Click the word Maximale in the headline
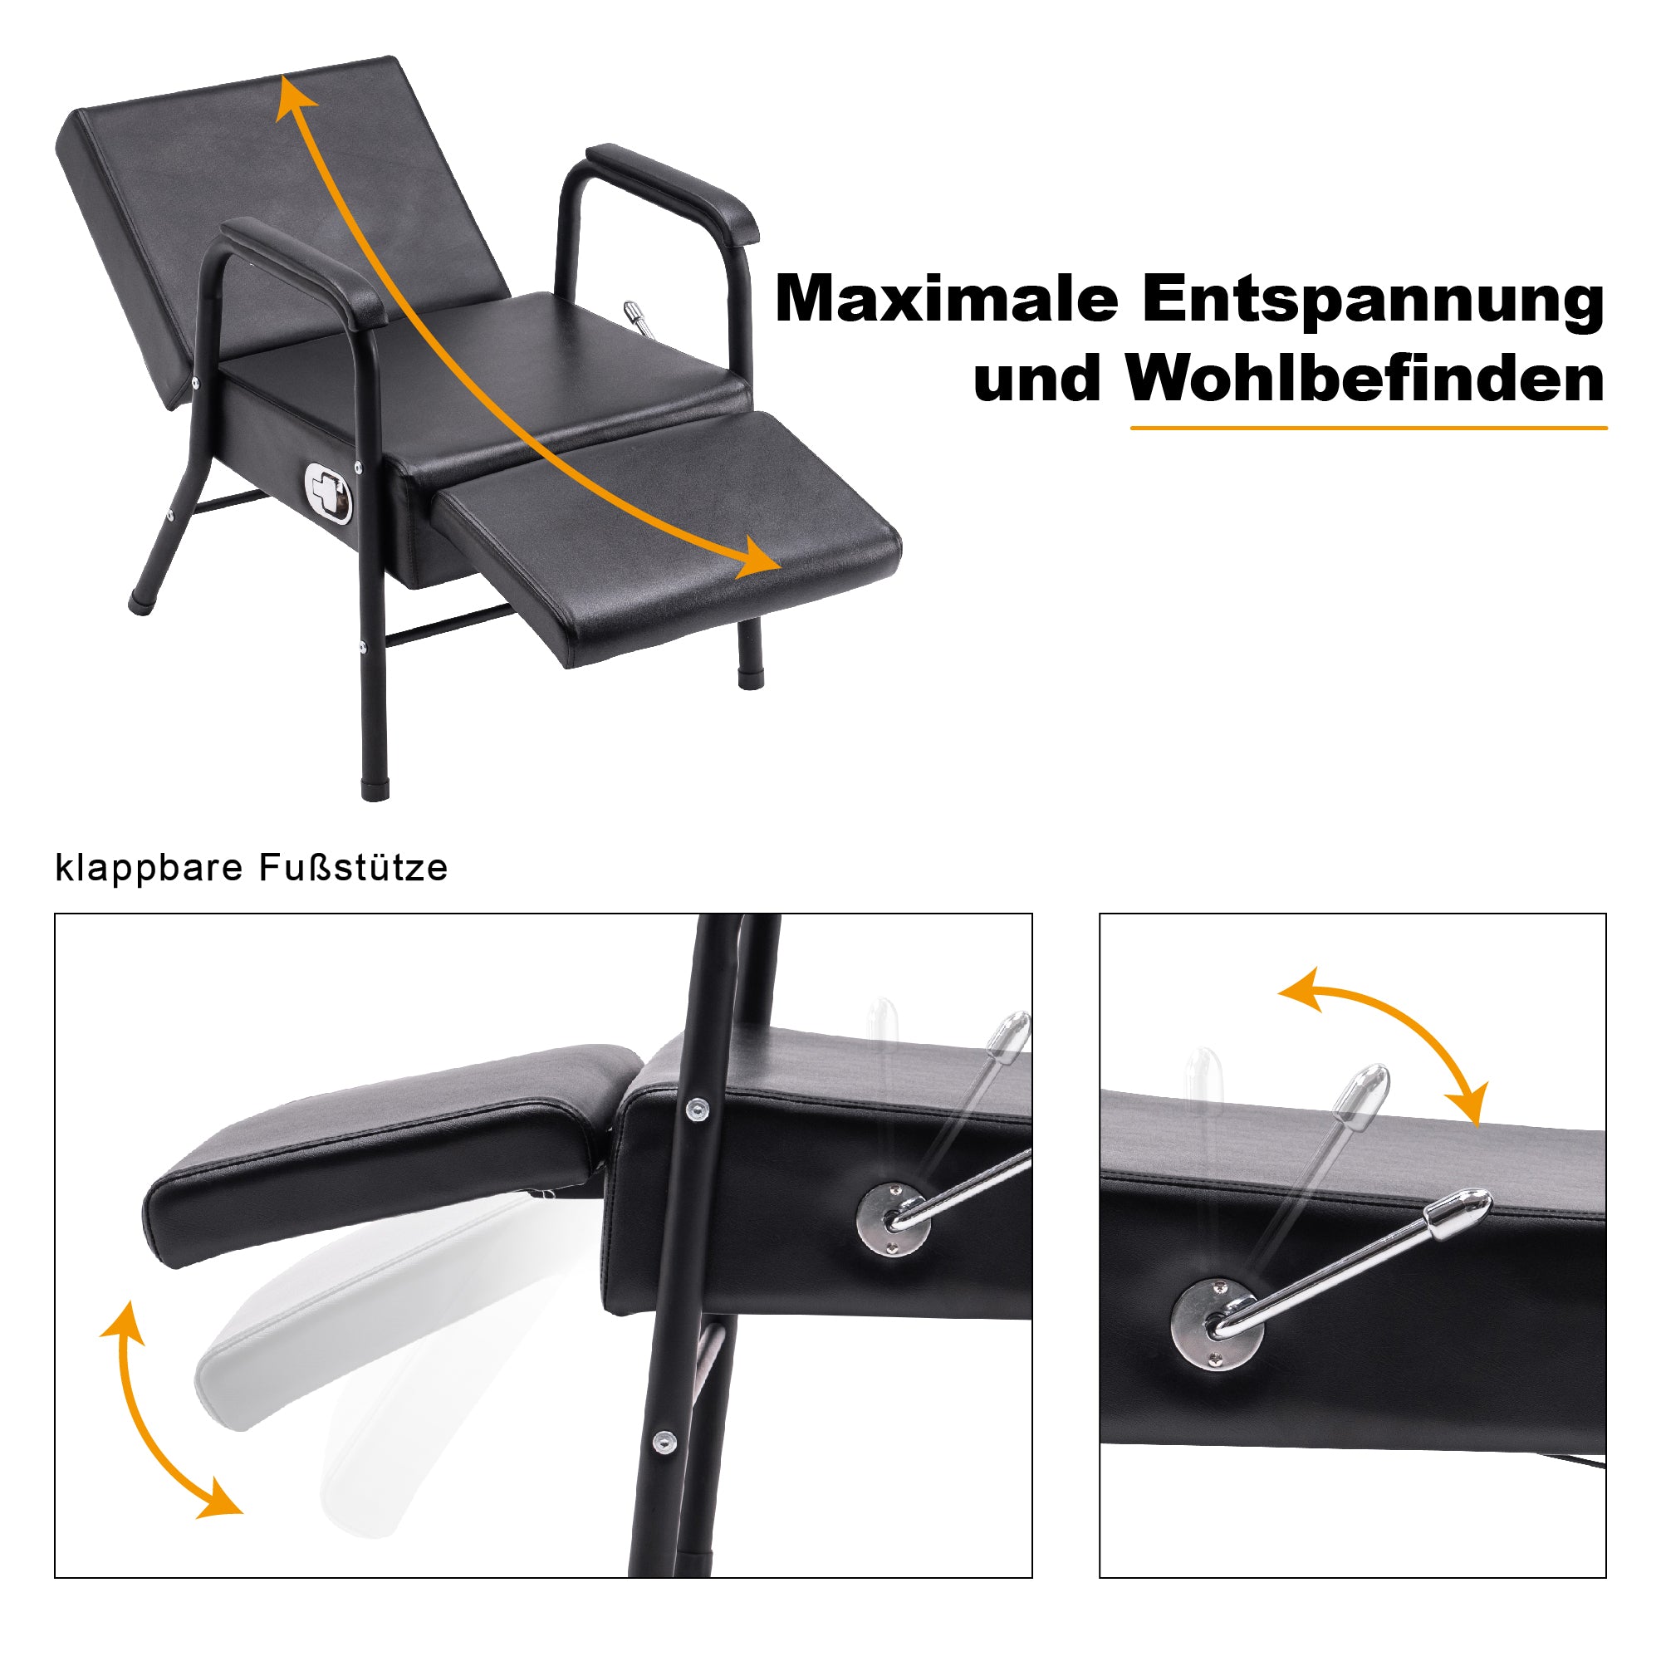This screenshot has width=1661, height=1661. click(x=947, y=299)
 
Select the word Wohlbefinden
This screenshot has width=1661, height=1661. click(x=1365, y=377)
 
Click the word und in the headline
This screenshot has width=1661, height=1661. click(x=1036, y=380)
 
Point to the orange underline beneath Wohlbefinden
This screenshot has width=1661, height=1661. click(x=1369, y=427)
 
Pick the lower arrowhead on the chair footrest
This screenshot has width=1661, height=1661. click(x=758, y=557)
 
